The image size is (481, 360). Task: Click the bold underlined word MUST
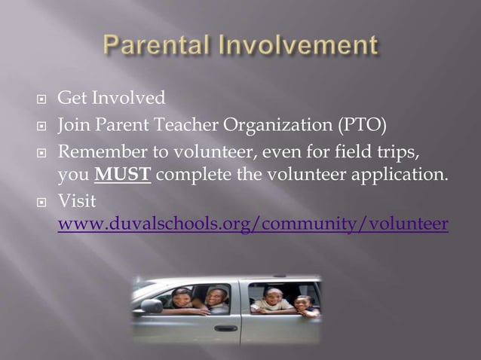(124, 176)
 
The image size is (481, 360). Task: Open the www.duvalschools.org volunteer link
(253, 224)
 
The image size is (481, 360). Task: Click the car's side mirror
(152, 307)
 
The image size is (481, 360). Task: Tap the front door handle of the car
(225, 328)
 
